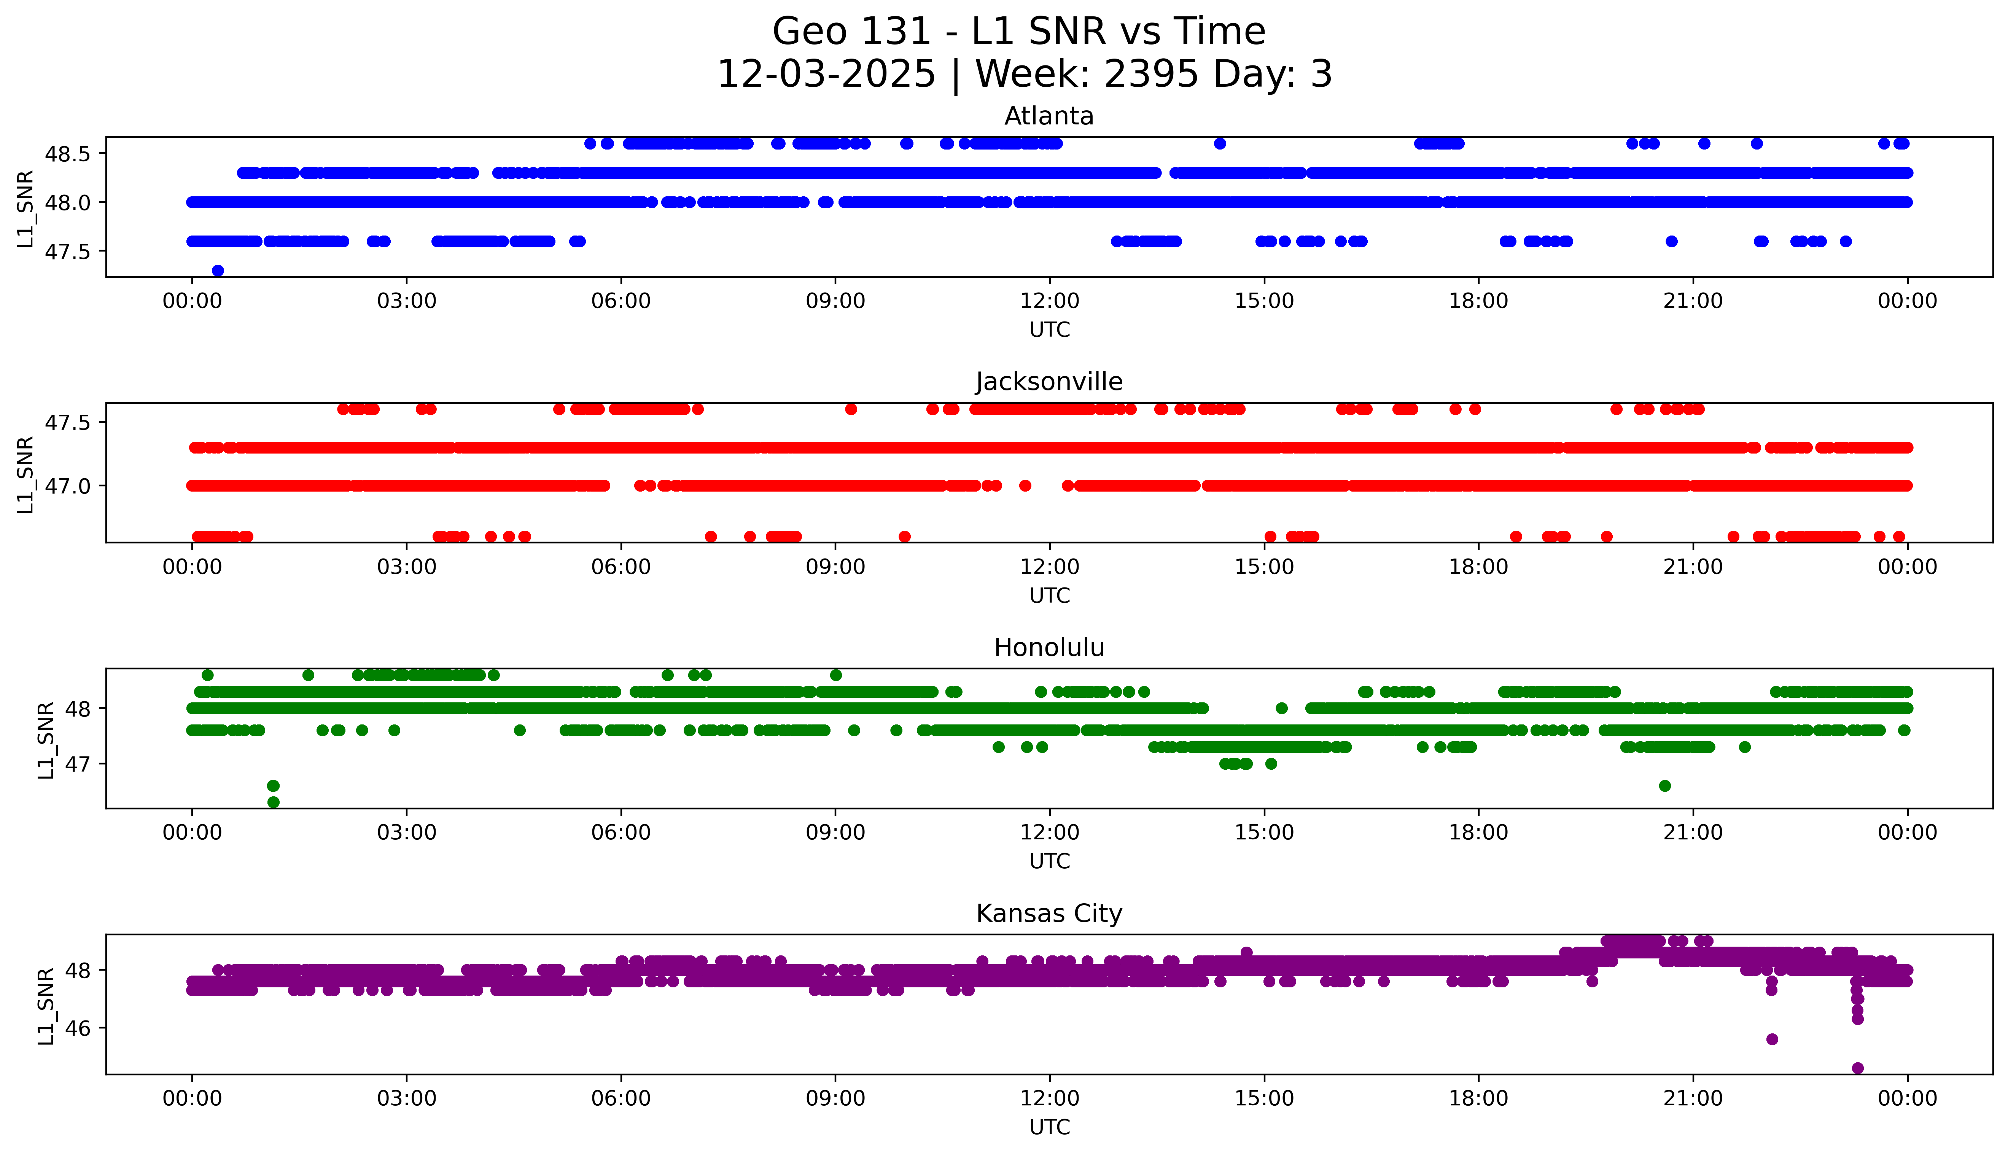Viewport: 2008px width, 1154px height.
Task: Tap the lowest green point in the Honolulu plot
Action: [274, 802]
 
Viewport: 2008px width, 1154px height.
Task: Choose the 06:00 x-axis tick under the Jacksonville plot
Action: [621, 567]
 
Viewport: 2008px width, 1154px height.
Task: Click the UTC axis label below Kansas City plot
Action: [1049, 1126]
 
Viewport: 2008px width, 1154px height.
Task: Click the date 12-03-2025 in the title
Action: [826, 75]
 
